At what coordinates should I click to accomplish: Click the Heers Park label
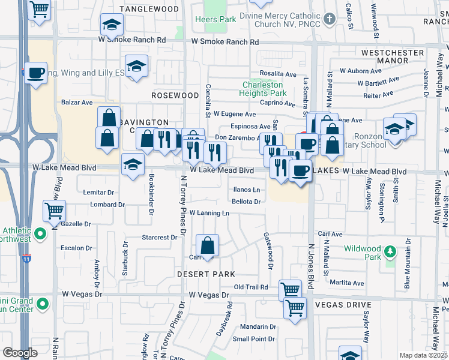[x=215, y=19]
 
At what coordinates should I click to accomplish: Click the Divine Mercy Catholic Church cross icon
[x=329, y=19]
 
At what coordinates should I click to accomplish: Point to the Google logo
[x=20, y=353]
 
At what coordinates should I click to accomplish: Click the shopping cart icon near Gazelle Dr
[x=54, y=211]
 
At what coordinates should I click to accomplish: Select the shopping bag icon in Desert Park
[x=207, y=245]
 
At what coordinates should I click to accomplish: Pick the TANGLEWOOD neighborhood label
[x=149, y=9]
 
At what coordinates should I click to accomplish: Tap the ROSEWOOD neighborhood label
[x=175, y=95]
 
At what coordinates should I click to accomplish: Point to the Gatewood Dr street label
[x=269, y=250]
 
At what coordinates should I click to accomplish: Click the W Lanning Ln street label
[x=209, y=213]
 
